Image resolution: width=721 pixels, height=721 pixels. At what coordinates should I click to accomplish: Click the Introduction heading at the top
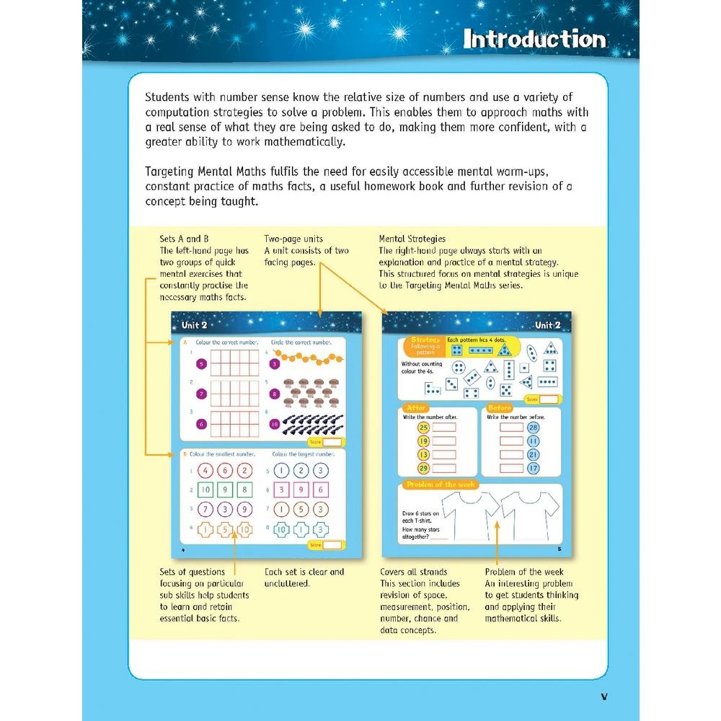pos(534,38)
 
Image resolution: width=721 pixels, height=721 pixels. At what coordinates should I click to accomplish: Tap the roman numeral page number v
pos(604,696)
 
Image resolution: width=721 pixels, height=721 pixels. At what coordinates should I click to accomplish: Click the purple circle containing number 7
pos(202,394)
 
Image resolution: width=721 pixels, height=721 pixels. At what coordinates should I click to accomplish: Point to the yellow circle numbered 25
pos(423,428)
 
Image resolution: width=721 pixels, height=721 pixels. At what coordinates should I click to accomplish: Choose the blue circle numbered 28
pos(534,428)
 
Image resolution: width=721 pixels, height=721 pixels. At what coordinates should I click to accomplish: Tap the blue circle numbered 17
pos(534,469)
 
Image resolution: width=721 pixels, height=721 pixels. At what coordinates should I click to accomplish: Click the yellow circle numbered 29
pos(423,469)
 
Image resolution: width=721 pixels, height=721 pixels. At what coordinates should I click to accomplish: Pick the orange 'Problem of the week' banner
pos(440,485)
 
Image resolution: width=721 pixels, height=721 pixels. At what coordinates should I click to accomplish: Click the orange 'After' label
pos(417,408)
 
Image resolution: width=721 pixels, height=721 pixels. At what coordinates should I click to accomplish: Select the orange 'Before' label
pos(500,408)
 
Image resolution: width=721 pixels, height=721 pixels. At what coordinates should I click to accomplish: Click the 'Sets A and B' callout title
pos(183,239)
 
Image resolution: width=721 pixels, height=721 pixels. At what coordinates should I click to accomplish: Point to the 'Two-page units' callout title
pos(293,239)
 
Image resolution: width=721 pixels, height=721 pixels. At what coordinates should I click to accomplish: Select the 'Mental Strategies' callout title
pos(412,239)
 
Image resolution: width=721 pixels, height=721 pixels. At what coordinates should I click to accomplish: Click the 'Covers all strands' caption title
pos(413,572)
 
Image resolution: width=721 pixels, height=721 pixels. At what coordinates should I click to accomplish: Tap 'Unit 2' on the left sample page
pos(195,325)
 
